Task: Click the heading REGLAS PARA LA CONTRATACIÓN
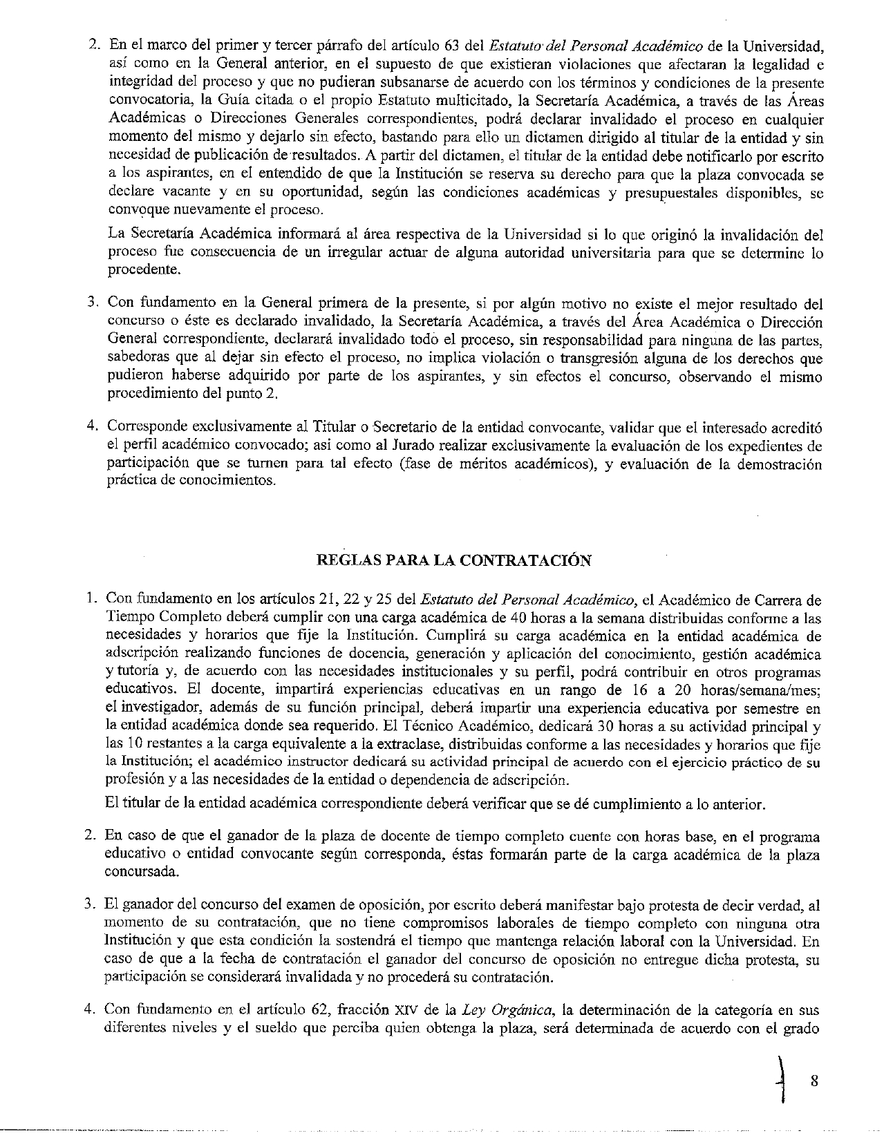[x=453, y=560]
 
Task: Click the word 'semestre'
[x=777, y=709]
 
